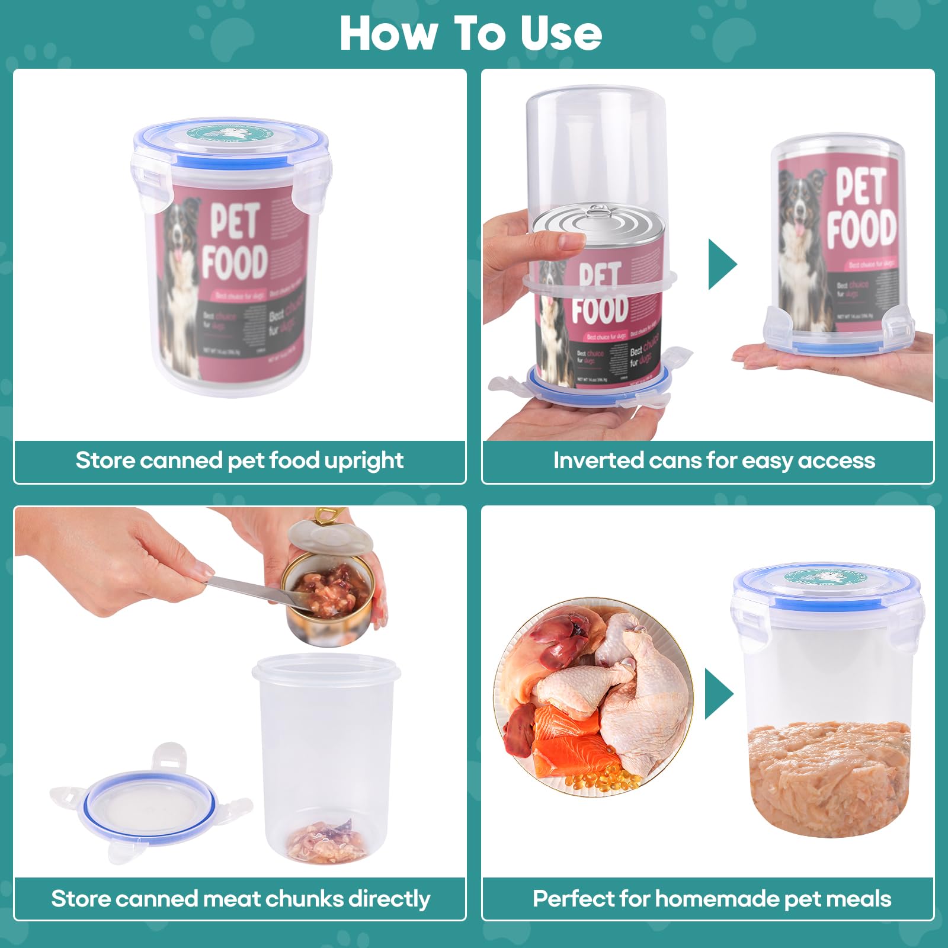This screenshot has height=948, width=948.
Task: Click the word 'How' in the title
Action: [x=388, y=34]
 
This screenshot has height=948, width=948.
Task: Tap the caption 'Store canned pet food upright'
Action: [x=239, y=460]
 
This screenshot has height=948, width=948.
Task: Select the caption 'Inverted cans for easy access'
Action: [x=713, y=460]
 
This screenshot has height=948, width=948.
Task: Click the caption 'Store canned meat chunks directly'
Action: [x=240, y=899]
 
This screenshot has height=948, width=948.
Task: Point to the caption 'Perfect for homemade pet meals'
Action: [x=712, y=899]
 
